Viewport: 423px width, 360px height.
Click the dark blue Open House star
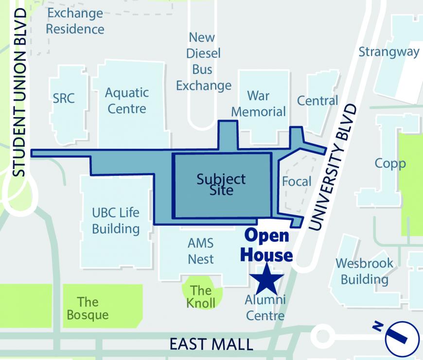point(266,278)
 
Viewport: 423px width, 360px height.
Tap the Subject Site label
point(221,184)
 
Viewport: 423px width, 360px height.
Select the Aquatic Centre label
point(127,100)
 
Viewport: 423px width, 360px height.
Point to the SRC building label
point(64,98)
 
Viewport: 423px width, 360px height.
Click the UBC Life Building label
point(116,220)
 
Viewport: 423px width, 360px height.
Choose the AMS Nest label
point(200,251)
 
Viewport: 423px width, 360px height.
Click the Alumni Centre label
point(265,308)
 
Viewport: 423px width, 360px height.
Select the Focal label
point(297,182)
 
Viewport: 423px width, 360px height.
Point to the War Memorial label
point(258,103)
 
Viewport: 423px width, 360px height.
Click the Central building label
point(317,101)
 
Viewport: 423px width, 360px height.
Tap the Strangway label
point(389,51)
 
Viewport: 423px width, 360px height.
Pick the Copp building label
point(390,163)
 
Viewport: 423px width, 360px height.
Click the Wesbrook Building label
point(364,272)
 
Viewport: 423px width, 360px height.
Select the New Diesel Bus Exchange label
point(203,62)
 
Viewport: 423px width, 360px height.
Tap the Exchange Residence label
point(75,21)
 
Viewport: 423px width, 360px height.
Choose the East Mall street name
point(211,344)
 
